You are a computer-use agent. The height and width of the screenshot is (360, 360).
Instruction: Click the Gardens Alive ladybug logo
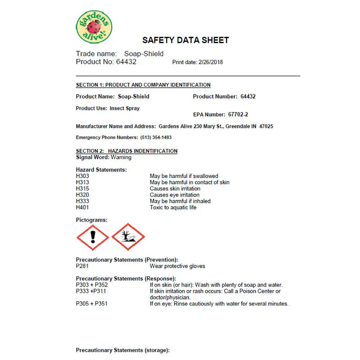[94, 27]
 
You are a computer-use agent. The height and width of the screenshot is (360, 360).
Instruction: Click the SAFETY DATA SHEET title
[185, 40]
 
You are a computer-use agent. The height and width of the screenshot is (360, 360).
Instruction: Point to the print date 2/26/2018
[211, 62]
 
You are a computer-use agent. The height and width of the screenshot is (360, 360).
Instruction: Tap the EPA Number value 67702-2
[238, 115]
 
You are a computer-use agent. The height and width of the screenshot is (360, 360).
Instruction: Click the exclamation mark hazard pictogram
[92, 237]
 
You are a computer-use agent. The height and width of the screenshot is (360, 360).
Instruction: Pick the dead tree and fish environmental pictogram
[128, 237]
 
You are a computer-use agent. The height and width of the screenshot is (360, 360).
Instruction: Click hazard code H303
[82, 176]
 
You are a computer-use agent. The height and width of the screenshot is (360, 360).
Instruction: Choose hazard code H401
[82, 207]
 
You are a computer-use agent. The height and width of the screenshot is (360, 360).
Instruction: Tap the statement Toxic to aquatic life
[173, 207]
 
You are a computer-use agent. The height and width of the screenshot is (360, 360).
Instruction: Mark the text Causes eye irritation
[175, 195]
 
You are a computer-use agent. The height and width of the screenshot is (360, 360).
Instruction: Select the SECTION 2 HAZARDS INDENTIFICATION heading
[126, 151]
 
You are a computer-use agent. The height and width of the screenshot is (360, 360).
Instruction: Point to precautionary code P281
[82, 266]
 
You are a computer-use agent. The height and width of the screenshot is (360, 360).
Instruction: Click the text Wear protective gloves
[177, 266]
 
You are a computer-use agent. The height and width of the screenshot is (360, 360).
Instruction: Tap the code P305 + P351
[92, 304]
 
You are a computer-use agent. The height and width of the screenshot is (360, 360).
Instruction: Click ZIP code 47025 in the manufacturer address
[265, 126]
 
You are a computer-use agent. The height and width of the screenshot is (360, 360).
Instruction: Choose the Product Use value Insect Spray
[125, 108]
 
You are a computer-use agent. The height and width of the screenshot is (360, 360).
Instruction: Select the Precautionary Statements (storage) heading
[122, 350]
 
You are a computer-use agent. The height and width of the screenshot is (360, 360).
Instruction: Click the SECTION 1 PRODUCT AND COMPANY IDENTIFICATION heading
[143, 85]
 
